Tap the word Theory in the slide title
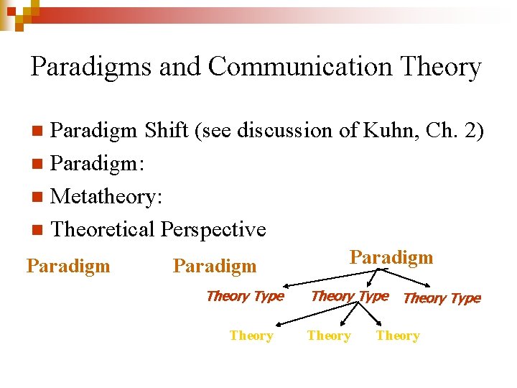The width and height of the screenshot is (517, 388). point(441,67)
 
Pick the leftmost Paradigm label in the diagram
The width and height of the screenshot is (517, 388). point(68,266)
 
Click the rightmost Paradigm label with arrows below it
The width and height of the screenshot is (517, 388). point(391,257)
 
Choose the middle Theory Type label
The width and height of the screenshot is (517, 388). point(350,296)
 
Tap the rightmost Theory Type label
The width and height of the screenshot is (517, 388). point(442,298)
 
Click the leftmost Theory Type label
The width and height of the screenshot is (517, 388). point(245,296)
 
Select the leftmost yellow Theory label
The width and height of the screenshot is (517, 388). point(251,336)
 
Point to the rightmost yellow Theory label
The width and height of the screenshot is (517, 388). point(398,336)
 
